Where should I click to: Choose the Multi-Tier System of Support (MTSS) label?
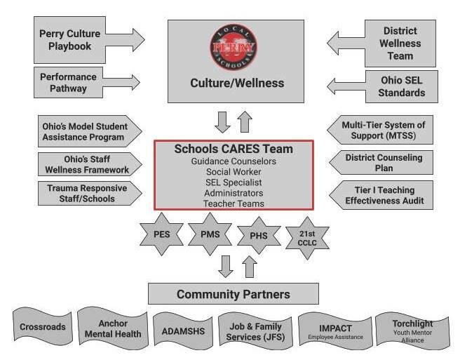[x=384, y=130]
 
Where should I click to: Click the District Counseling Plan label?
[x=384, y=162]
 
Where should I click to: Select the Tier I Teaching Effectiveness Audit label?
[x=384, y=194]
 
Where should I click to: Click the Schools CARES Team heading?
[x=234, y=149]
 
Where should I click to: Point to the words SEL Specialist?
[x=234, y=181]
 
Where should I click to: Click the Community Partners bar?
[x=233, y=293]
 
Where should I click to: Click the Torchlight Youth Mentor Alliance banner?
[x=413, y=329]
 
